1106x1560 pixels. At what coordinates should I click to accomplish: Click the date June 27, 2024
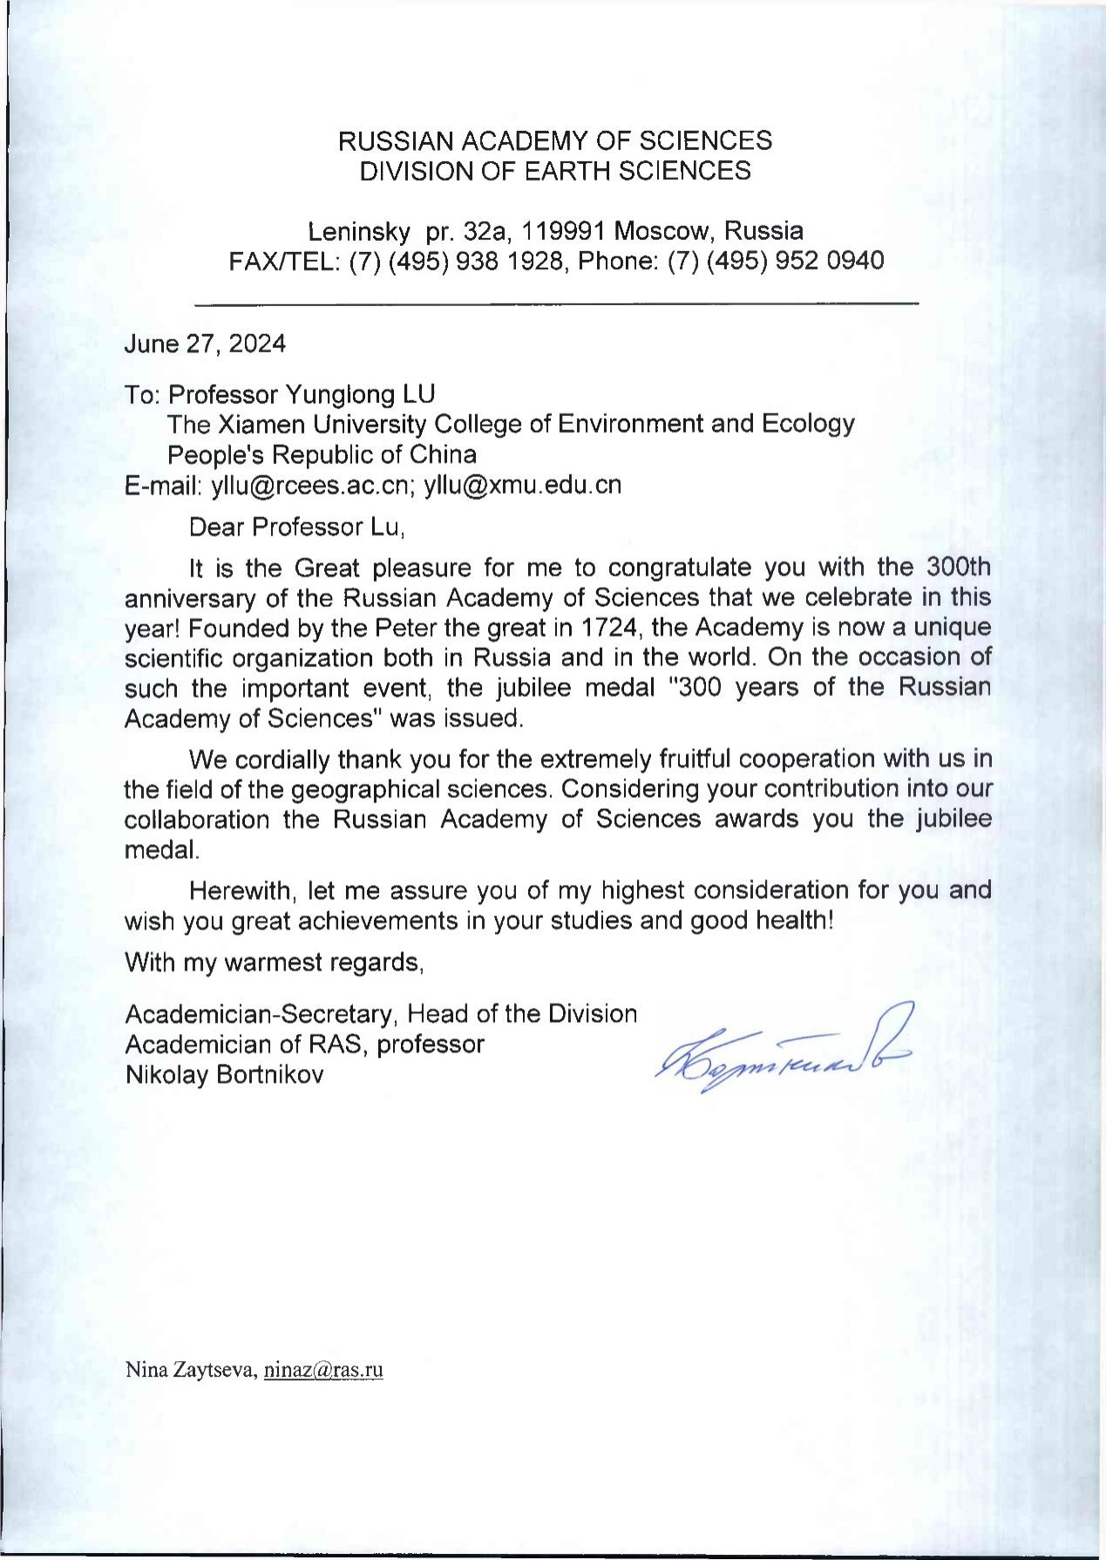(x=205, y=344)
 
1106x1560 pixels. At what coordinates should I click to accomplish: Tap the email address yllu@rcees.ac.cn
(x=311, y=485)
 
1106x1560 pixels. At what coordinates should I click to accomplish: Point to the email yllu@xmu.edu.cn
(x=522, y=485)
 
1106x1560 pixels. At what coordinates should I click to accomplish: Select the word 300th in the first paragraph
(x=955, y=568)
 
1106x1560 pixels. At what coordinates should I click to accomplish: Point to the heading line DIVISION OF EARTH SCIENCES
(x=555, y=171)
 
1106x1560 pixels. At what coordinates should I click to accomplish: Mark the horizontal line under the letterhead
(x=556, y=303)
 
